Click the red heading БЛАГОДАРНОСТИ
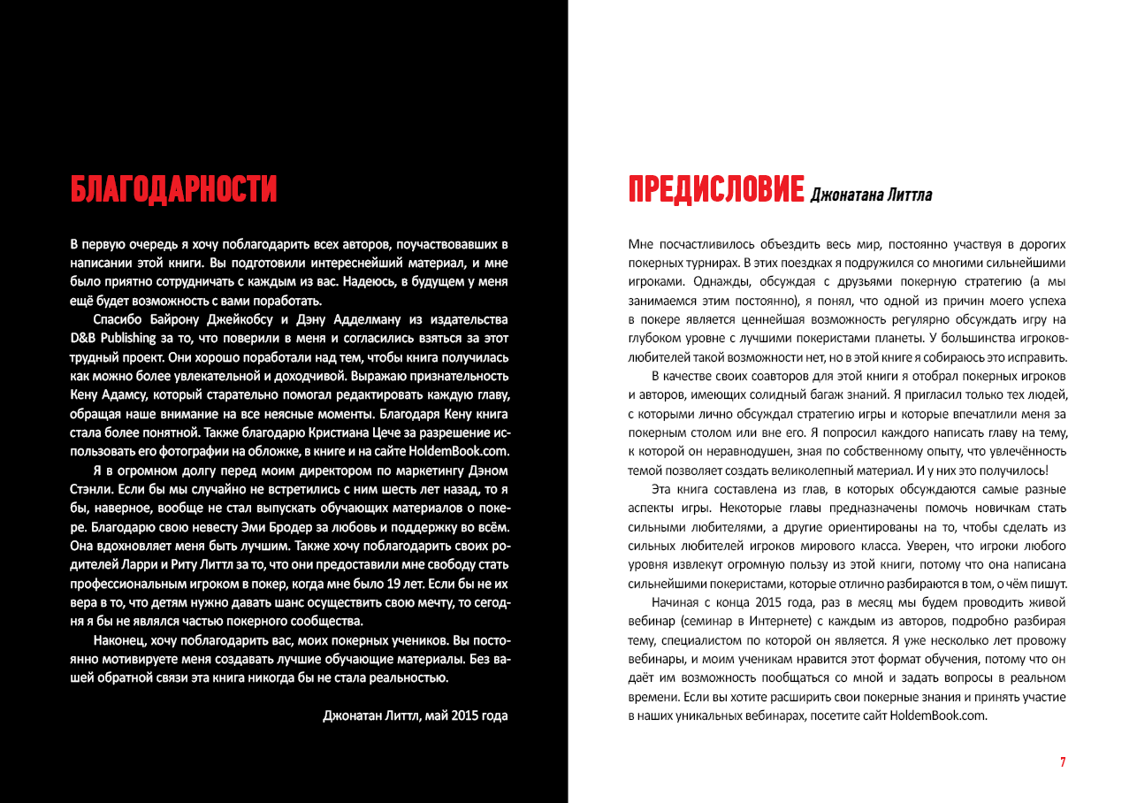click(173, 189)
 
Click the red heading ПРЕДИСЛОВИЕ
click(715, 189)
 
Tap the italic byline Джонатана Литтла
click(870, 195)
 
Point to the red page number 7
click(1063, 762)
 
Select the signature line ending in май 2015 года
click(416, 715)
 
